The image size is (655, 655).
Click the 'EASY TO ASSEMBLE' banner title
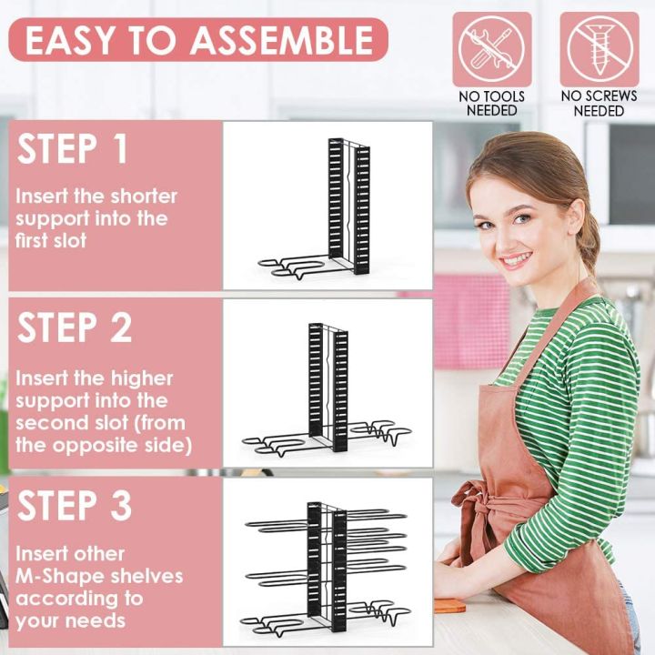point(198,40)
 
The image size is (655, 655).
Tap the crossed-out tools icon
point(492,49)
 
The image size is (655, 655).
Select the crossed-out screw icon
point(599,49)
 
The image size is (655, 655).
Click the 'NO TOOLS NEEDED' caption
point(492,103)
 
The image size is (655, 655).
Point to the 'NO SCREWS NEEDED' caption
point(599,103)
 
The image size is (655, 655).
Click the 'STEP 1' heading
point(74,150)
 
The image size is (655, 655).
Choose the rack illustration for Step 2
point(327,387)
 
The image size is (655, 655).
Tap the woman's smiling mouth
point(518,260)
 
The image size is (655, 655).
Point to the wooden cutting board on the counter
point(449,605)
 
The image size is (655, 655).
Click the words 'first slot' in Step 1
point(51,241)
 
